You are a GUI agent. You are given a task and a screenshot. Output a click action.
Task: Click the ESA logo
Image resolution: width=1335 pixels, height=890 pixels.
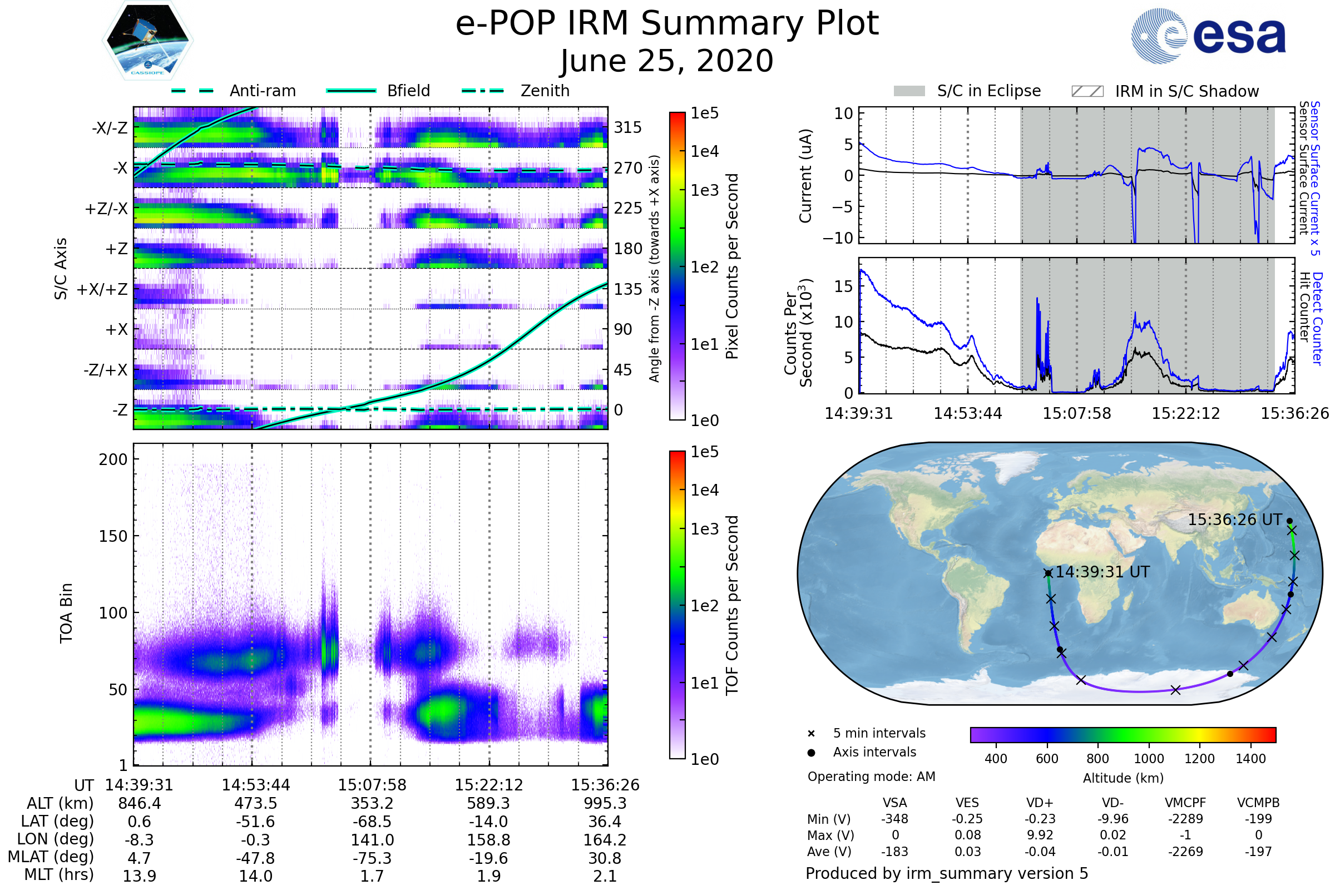[x=1208, y=36]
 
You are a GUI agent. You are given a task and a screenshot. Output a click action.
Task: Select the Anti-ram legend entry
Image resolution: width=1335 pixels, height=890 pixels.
[x=262, y=91]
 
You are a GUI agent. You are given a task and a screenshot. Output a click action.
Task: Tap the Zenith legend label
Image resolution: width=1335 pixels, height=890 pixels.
[x=545, y=91]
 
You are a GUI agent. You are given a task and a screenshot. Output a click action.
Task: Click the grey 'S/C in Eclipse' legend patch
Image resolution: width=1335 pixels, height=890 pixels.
[x=909, y=91]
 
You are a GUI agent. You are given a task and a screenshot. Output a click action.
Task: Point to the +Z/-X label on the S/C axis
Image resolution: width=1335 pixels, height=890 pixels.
[x=106, y=209]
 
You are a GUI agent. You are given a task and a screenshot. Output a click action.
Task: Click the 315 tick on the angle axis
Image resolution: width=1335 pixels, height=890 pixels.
[x=628, y=127]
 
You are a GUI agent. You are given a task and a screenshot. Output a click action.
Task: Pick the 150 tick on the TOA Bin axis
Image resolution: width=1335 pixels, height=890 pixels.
[x=113, y=536]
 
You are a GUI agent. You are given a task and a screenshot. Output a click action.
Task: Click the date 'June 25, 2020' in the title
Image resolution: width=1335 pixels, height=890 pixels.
[x=667, y=61]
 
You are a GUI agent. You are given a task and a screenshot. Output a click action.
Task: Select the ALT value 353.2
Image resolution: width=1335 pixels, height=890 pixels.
[x=372, y=804]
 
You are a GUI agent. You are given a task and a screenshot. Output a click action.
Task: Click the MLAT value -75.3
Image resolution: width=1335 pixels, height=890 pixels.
[x=372, y=858]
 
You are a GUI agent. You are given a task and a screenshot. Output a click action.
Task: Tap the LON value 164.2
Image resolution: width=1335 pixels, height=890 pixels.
[x=605, y=840]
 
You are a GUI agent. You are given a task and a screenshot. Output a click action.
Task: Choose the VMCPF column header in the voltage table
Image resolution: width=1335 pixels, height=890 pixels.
[x=1185, y=803]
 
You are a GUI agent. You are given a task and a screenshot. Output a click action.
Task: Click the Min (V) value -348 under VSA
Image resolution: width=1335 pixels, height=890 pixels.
[x=894, y=819]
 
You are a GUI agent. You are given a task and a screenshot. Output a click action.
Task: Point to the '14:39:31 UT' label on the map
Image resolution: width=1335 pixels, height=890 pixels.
[x=1102, y=572]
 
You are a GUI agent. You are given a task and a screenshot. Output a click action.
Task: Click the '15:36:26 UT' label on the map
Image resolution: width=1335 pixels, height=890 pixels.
[x=1234, y=520]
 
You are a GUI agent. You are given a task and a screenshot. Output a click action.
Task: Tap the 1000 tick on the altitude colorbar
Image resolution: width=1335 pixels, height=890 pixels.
[x=1149, y=759]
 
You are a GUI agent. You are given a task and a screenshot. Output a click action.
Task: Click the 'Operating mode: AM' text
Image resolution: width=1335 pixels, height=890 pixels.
[x=871, y=777]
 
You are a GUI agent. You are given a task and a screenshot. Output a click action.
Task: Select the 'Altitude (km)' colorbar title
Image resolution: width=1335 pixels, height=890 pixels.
[x=1123, y=778]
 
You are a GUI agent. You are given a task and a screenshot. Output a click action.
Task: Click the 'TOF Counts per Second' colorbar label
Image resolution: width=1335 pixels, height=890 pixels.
[x=732, y=605]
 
